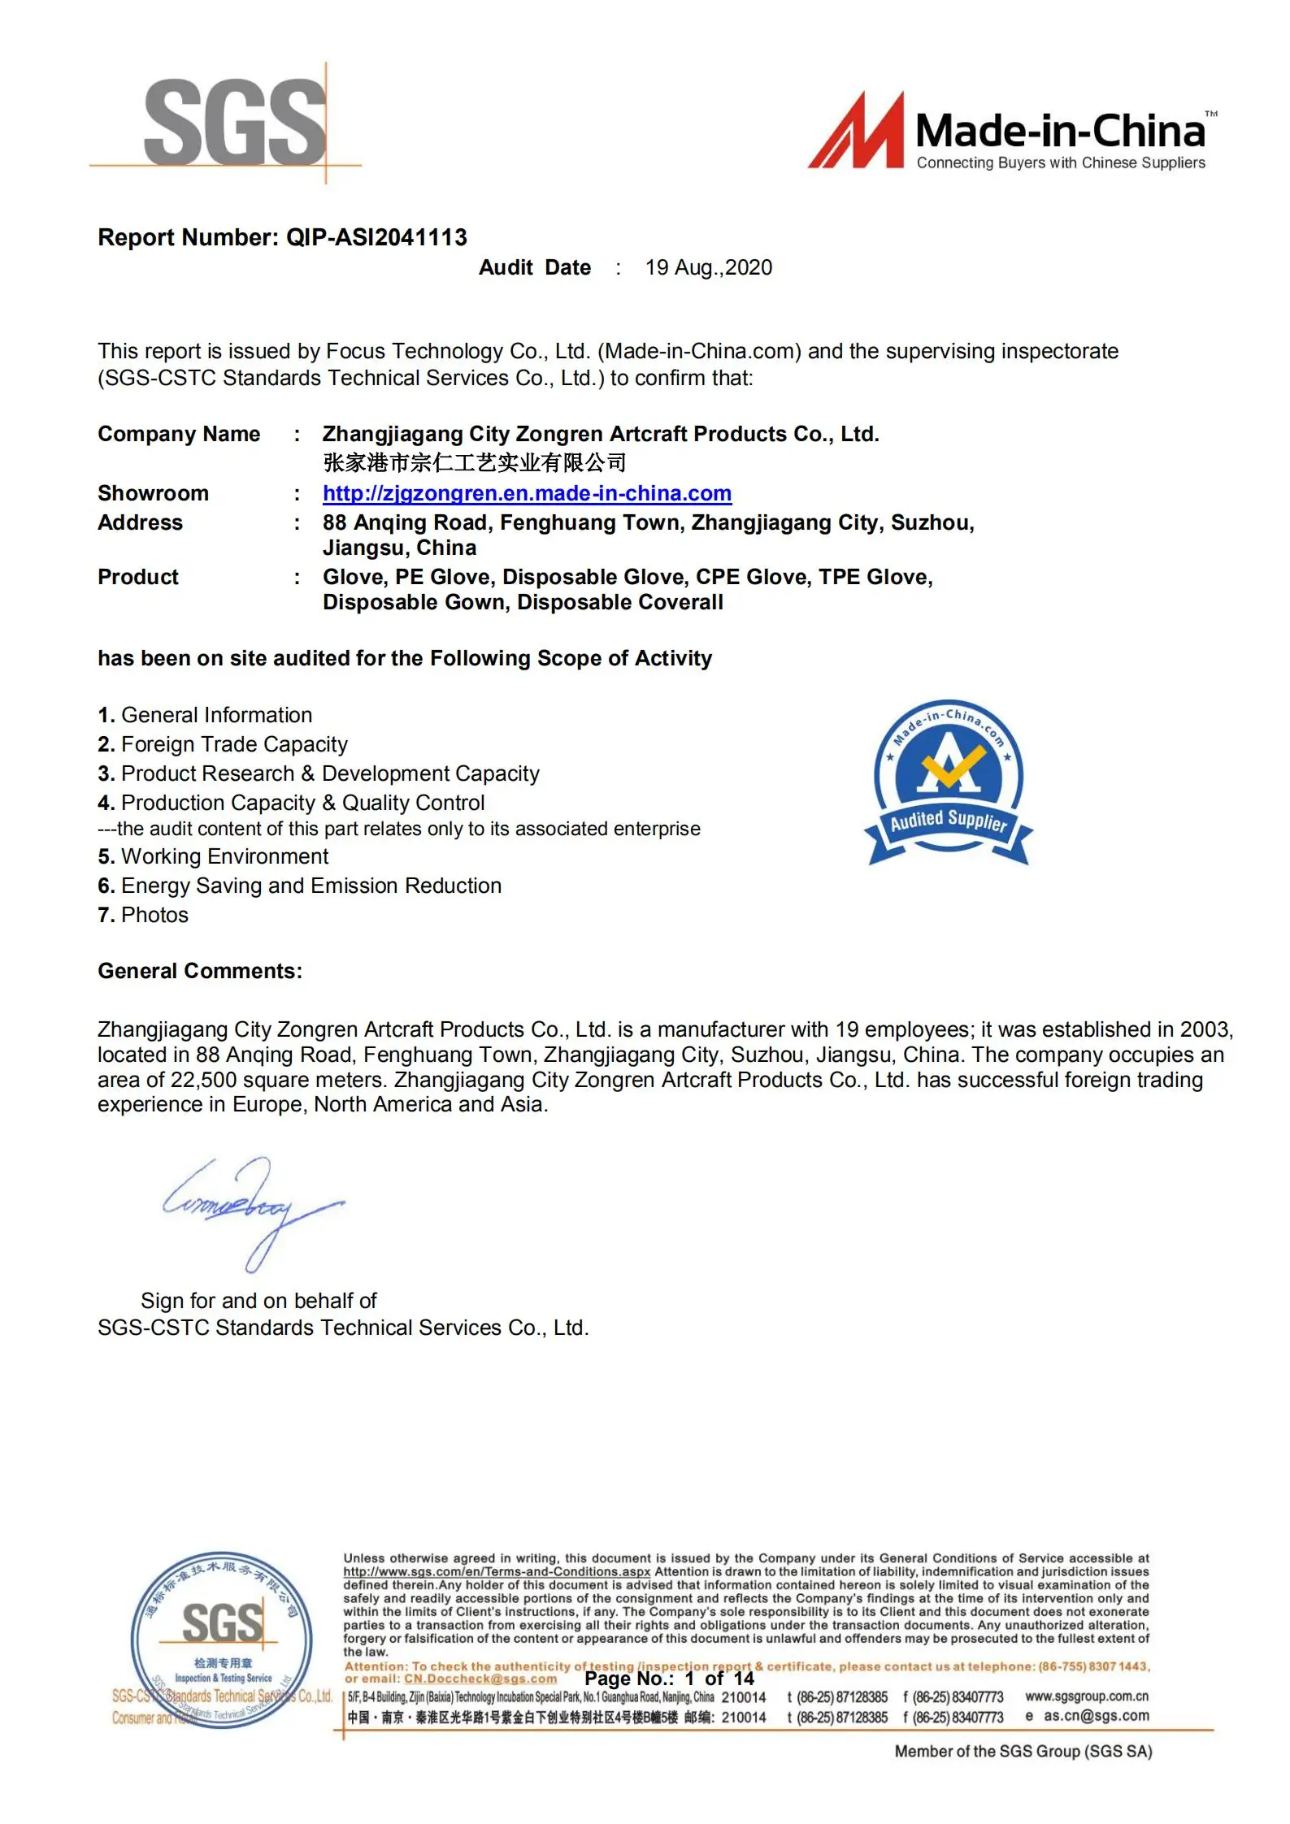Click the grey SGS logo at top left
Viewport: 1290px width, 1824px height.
(235, 122)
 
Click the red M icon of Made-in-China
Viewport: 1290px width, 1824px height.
(856, 132)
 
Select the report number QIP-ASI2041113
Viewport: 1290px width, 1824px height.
(376, 237)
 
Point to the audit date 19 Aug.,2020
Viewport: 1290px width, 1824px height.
(708, 267)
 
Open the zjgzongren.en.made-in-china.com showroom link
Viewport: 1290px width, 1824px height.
(527, 493)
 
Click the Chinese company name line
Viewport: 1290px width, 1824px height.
(474, 463)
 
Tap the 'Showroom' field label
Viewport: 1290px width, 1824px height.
(153, 493)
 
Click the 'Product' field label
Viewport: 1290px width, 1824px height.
(137, 577)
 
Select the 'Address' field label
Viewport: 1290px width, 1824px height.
(140, 522)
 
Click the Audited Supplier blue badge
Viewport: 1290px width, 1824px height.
(948, 782)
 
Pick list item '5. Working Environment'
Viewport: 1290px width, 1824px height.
(213, 856)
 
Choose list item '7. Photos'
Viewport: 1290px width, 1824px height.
(143, 915)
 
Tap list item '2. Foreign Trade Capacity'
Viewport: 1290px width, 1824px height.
(223, 744)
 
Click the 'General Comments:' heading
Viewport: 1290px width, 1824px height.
(200, 971)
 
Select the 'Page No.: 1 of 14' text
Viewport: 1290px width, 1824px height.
(669, 1679)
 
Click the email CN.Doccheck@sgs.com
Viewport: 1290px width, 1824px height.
(480, 1679)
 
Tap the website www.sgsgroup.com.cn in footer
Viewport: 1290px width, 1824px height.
(1086, 1696)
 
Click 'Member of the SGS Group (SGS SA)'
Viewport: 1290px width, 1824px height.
(1023, 1752)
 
